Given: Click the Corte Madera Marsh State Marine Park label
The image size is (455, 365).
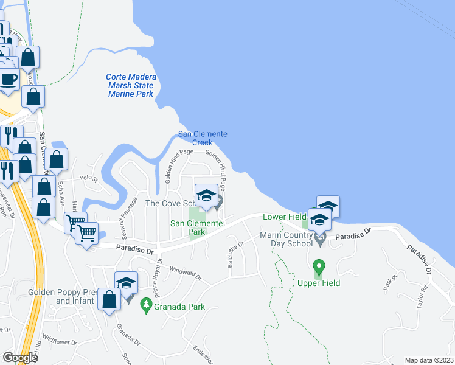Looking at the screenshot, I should click(x=131, y=86).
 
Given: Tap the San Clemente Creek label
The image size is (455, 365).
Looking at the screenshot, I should click(x=203, y=138).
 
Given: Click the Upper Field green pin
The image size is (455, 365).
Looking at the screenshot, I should click(x=318, y=267).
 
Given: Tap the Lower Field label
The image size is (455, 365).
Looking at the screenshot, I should click(x=284, y=217).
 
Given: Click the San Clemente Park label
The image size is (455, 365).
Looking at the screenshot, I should click(x=196, y=228).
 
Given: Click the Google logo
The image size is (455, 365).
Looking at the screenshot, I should click(x=20, y=357).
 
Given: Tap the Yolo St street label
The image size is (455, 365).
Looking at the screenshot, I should click(x=89, y=179).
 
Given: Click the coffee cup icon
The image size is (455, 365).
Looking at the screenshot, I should click(x=9, y=79).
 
